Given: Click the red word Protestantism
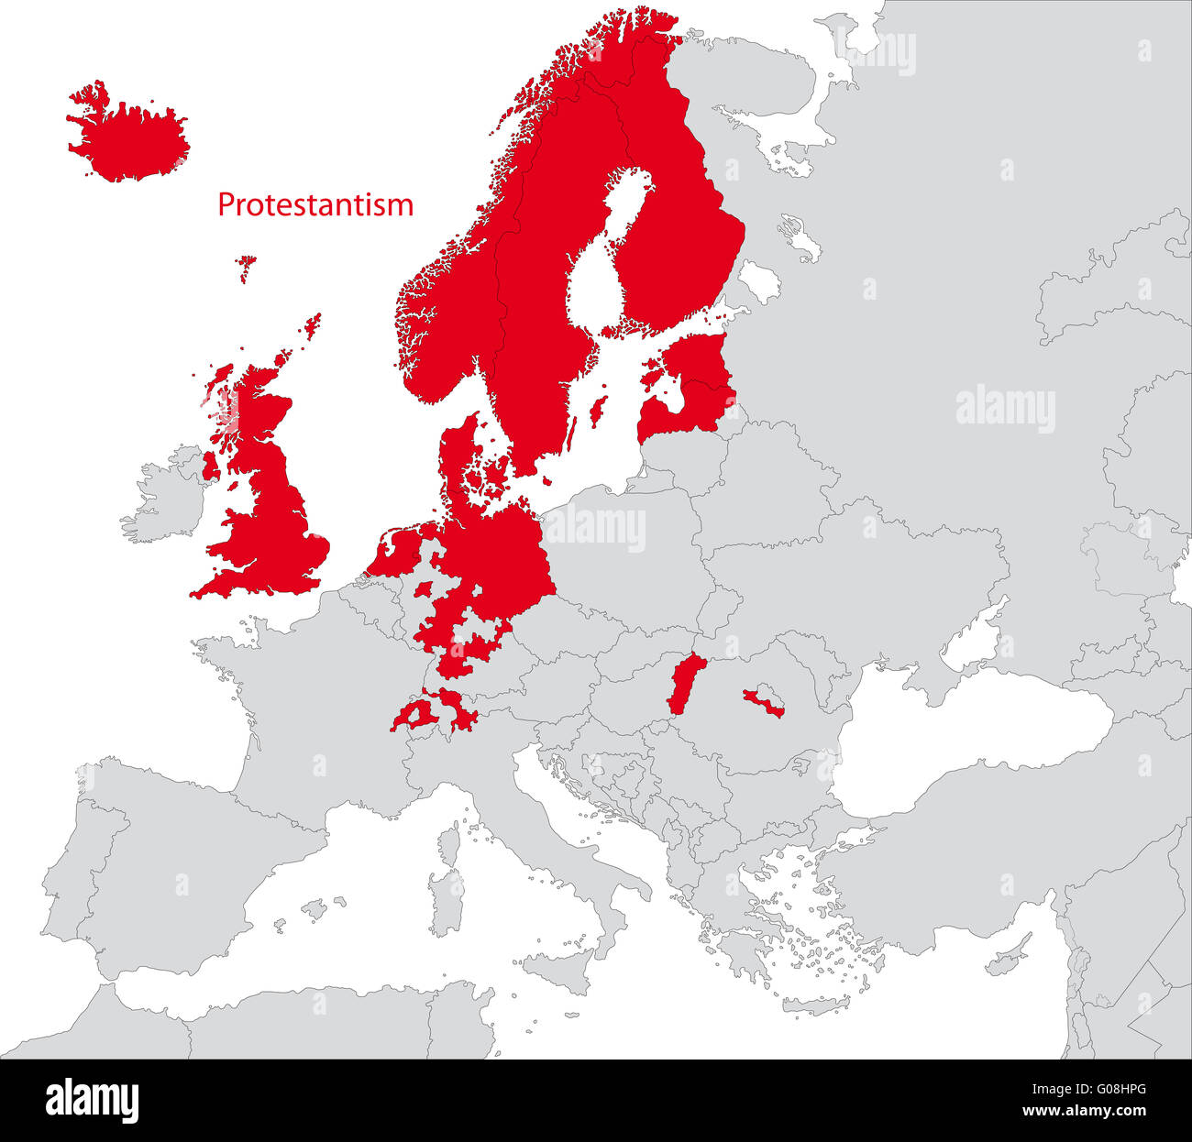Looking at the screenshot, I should (x=315, y=204).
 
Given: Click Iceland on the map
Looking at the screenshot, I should (x=128, y=137).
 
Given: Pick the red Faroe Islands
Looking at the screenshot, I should (x=246, y=267).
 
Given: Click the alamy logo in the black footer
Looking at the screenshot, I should (x=92, y=1100).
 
